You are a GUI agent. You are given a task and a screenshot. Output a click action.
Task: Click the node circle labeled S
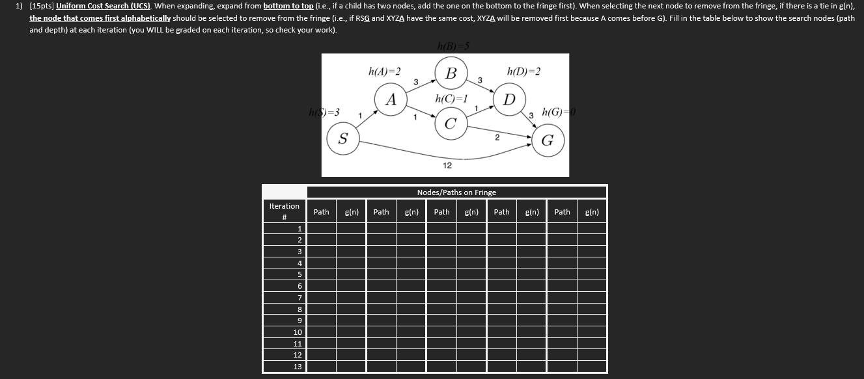point(343,138)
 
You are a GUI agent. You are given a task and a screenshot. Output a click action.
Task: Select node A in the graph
point(391,99)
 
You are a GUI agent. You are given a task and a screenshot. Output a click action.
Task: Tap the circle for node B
point(451,72)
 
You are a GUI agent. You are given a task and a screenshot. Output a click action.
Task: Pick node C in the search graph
point(450,124)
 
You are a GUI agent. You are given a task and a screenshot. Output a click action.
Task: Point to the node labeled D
point(510,99)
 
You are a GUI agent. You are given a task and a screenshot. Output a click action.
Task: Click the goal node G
point(548,140)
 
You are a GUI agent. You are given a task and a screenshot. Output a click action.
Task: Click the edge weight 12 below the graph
point(447,166)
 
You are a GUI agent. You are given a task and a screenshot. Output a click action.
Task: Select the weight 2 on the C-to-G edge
point(496,137)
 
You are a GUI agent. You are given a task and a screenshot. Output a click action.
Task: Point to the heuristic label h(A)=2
point(384,71)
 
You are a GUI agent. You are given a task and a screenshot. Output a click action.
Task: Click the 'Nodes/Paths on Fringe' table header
point(456,192)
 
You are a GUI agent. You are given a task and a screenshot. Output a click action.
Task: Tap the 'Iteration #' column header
point(285,211)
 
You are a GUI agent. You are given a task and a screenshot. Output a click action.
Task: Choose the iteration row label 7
point(299,297)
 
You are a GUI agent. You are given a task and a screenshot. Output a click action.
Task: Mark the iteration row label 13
point(298,367)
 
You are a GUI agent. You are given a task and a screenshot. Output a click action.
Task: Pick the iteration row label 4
point(299,263)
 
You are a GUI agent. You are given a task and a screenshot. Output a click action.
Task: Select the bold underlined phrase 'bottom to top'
point(288,6)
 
